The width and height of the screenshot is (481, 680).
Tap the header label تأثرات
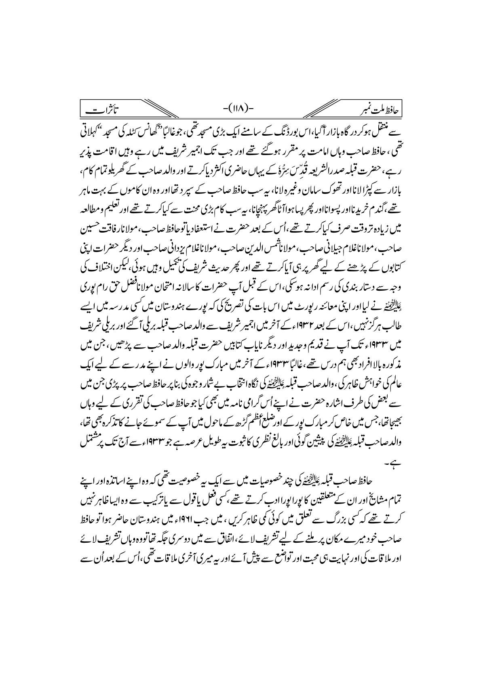103,155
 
